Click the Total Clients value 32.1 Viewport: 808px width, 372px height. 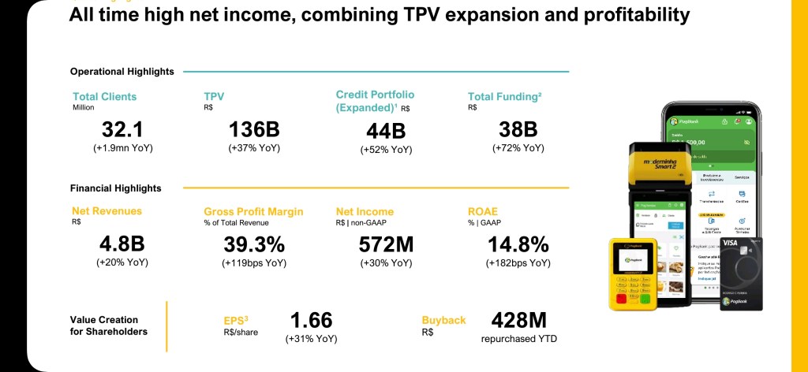[x=122, y=130]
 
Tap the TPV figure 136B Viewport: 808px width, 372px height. [x=254, y=130]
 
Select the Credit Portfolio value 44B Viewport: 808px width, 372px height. [x=386, y=132]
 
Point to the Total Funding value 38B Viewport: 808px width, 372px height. [x=518, y=130]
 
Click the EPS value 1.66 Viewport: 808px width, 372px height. [x=311, y=321]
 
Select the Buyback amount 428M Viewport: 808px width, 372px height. [x=518, y=321]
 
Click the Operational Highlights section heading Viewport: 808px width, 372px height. [x=122, y=72]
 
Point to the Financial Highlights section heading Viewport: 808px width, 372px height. [x=115, y=188]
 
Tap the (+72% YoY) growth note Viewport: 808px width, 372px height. [x=518, y=148]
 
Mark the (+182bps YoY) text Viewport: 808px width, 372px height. [x=518, y=263]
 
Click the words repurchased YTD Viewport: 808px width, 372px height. [x=518, y=339]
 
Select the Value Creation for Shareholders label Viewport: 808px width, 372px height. [x=109, y=325]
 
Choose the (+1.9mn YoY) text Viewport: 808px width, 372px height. [x=122, y=148]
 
